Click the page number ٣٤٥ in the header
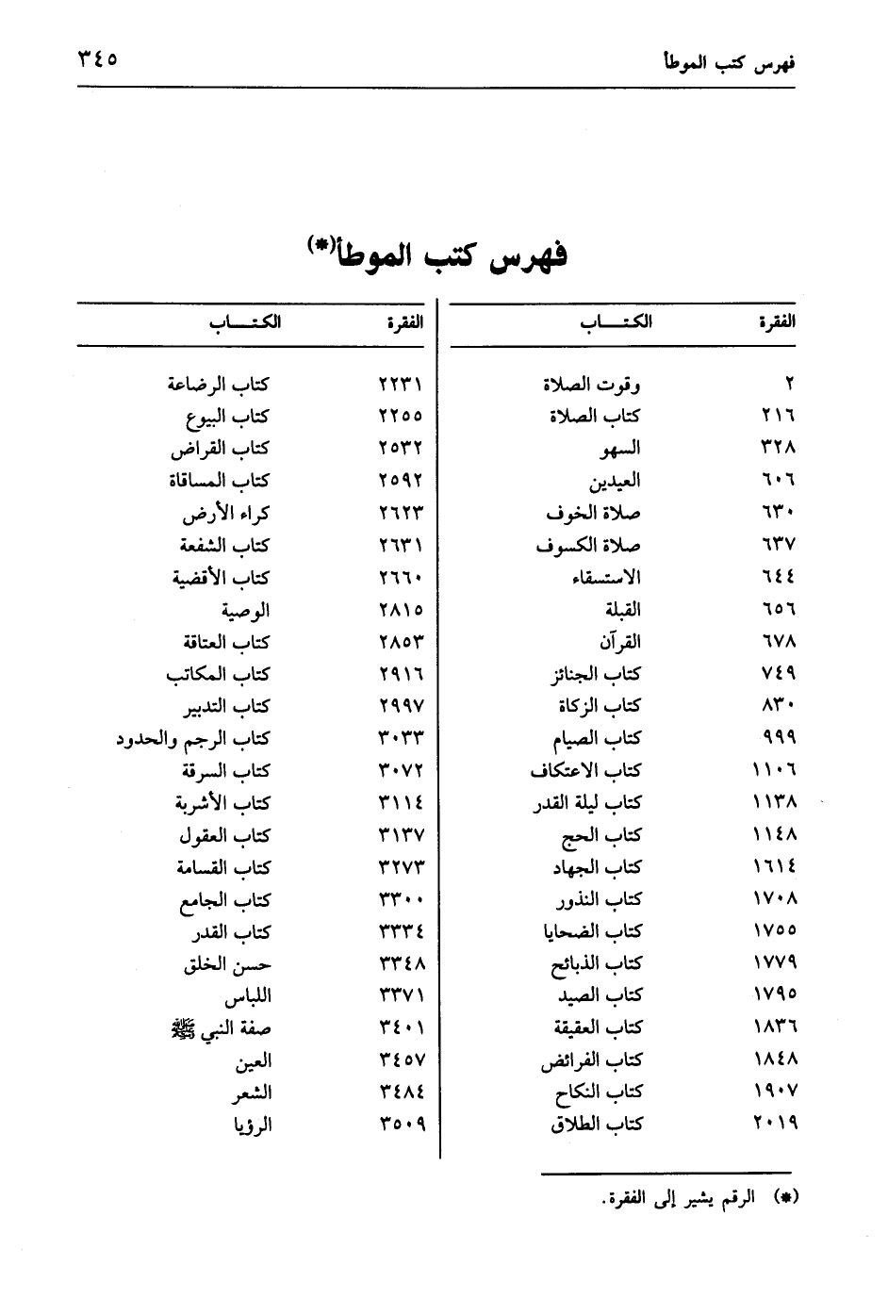98,59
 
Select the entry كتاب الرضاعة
219,385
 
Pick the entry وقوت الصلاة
592,385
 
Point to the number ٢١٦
778,417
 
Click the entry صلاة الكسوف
588,546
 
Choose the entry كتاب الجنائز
595,675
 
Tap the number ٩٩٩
778,739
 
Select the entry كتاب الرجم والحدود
193,739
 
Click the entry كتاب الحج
600,836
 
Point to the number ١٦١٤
775,868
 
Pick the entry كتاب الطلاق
597,1125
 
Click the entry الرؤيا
252,1125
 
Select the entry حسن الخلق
227,964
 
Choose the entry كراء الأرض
226,514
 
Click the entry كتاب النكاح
599,1093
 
